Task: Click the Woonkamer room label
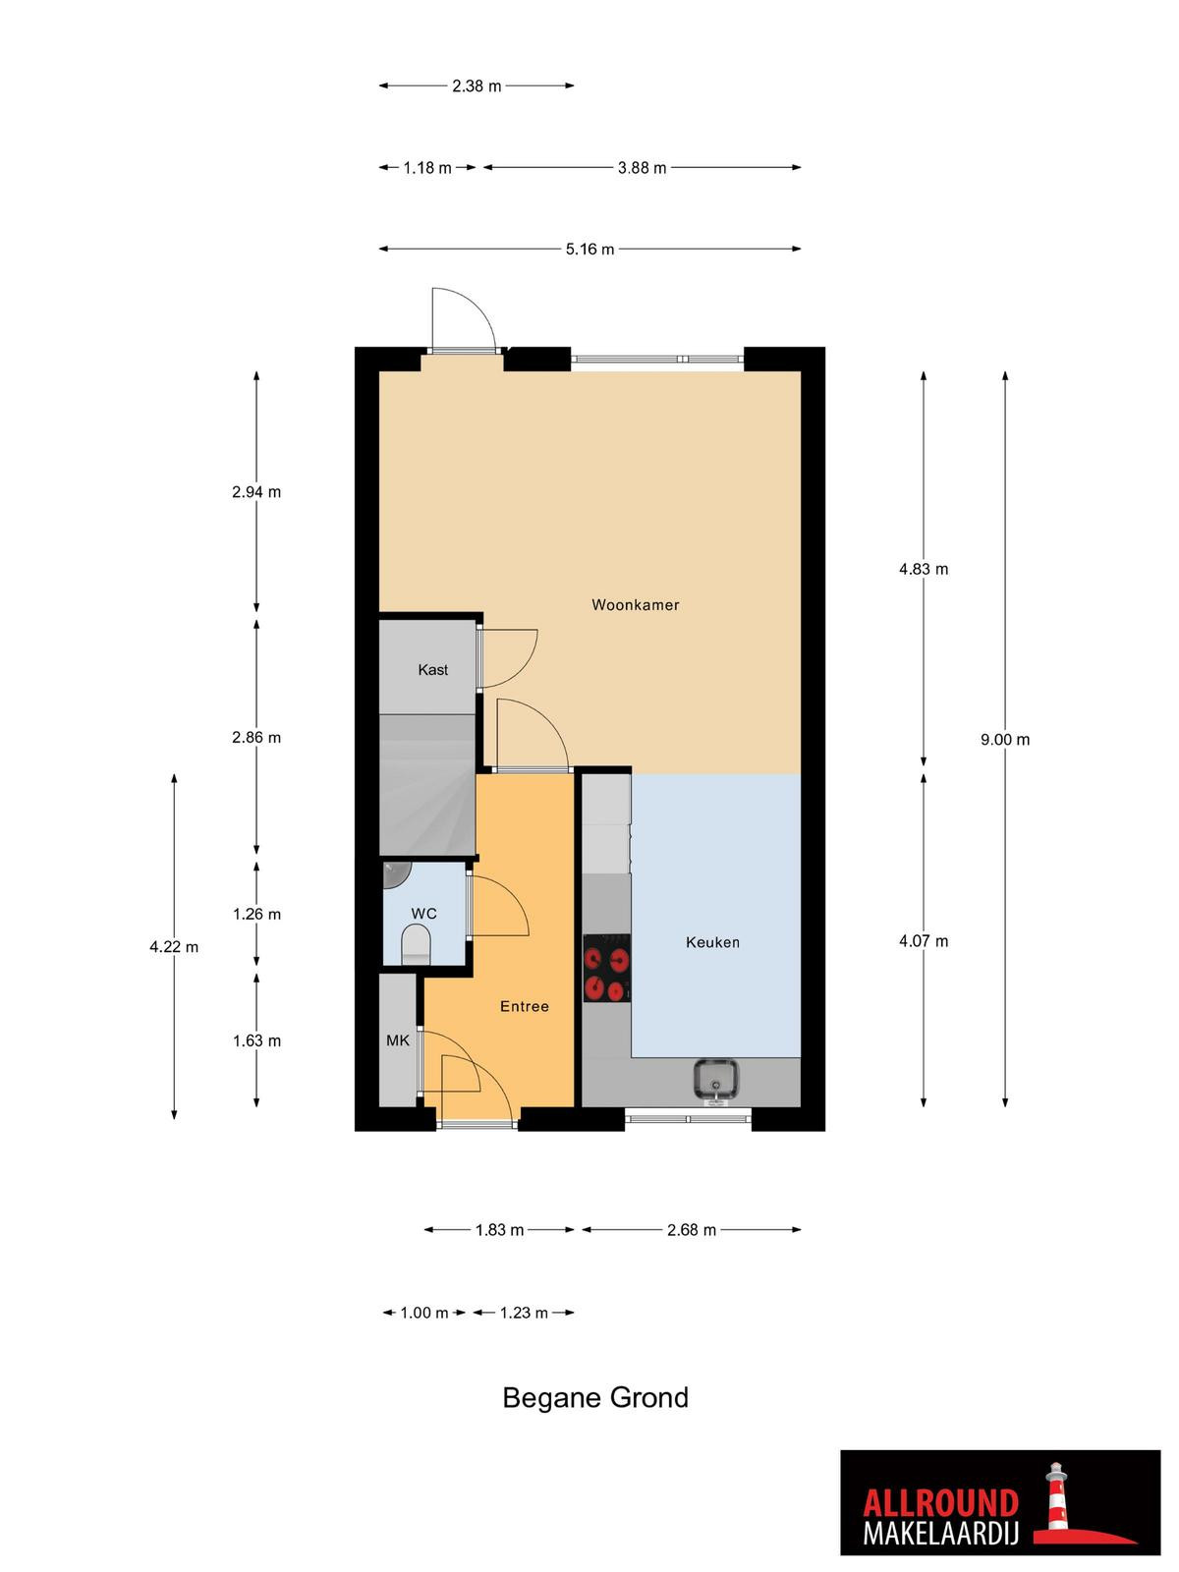point(635,604)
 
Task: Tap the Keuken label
point(712,942)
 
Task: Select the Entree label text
point(524,1006)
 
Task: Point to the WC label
point(423,914)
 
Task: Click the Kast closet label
point(432,670)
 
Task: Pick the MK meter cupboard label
point(397,1040)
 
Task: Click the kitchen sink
point(716,1079)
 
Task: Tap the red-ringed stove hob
point(606,969)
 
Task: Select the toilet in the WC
point(416,944)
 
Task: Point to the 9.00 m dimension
point(1005,740)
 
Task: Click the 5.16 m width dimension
point(589,250)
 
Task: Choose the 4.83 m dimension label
point(924,569)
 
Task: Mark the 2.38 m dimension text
point(477,85)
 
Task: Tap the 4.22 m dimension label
point(174,947)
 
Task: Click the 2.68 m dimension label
point(692,1230)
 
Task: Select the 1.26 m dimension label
point(257,914)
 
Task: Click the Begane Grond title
point(595,1397)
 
